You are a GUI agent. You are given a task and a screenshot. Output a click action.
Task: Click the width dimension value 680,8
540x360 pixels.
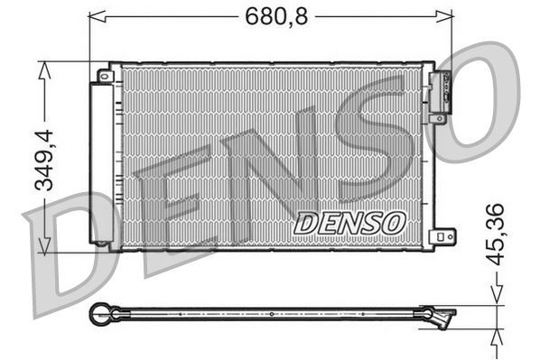click(271, 14)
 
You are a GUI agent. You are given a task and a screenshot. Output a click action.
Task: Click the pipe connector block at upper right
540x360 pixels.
click(443, 91)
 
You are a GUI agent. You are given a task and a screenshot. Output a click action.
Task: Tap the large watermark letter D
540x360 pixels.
click(63, 244)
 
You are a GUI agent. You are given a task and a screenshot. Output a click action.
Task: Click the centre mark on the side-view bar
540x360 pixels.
click(271, 314)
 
